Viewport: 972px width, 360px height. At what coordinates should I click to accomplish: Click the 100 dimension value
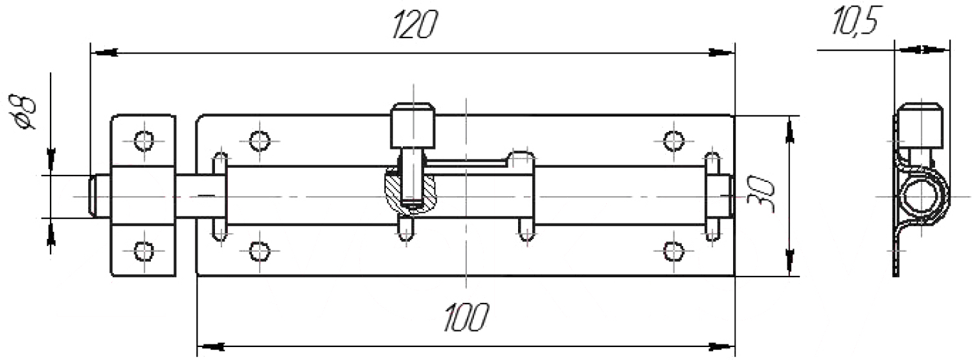click(x=466, y=317)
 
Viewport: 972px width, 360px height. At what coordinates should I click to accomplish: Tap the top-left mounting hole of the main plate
click(x=259, y=139)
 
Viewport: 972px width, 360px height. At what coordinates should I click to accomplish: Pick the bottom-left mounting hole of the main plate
click(x=259, y=249)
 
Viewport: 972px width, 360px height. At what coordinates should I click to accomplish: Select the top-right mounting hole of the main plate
click(x=673, y=139)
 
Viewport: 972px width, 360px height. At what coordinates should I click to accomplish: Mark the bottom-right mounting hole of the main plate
click(x=673, y=249)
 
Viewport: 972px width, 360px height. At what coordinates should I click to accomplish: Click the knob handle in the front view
click(x=412, y=125)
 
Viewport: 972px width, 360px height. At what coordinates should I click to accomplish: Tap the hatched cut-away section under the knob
click(x=395, y=192)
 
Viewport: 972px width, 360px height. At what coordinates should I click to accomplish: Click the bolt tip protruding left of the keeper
click(x=93, y=196)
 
